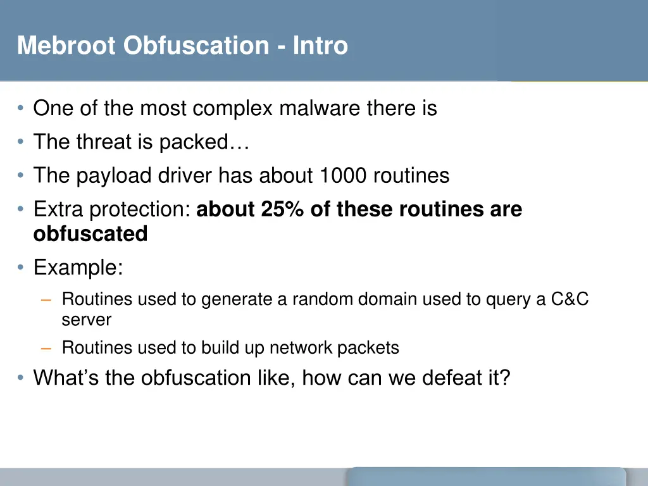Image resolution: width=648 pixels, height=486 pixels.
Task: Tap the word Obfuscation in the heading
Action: point(197,46)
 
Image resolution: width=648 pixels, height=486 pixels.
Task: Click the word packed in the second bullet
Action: point(193,142)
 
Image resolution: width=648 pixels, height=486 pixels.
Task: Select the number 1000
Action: point(342,175)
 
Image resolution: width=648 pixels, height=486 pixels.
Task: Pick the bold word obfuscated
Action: point(90,234)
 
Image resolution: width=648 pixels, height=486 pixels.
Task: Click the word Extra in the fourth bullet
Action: point(59,209)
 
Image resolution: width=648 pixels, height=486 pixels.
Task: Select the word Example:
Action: point(78,268)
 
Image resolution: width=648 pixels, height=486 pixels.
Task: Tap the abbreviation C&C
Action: point(570,299)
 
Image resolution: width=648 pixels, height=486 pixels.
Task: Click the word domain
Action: point(388,299)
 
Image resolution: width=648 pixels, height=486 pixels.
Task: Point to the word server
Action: point(86,320)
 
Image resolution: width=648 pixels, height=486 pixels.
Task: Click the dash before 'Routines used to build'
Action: point(47,348)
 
